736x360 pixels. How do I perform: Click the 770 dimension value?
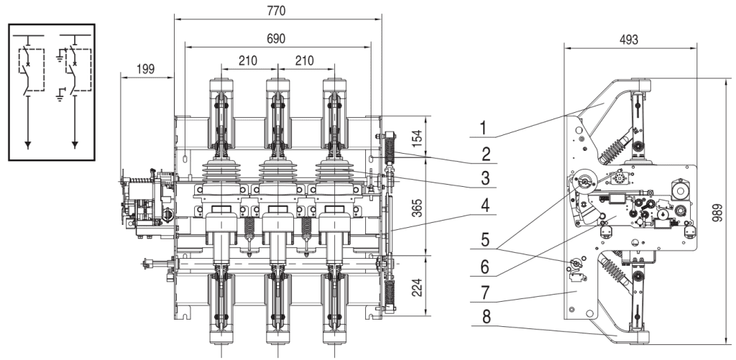(277, 11)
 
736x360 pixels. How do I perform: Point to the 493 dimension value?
(628, 40)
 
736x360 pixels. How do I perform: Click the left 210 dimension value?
(248, 62)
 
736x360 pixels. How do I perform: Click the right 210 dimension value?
(304, 62)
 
